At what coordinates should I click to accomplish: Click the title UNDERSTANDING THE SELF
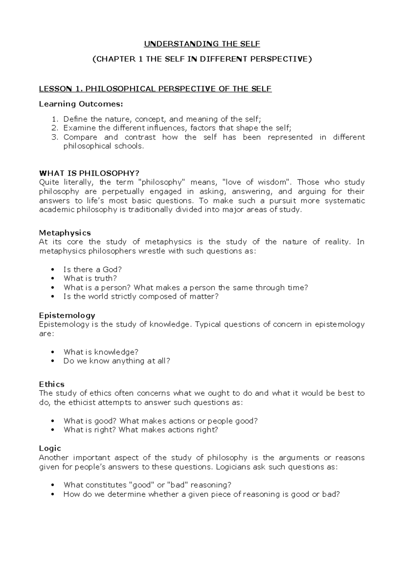202,44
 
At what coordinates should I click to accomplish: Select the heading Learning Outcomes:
81,104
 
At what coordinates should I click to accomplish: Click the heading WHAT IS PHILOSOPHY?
89,173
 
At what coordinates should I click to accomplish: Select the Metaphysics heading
65,233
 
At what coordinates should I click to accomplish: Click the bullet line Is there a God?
92,269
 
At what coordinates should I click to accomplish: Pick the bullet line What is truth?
90,278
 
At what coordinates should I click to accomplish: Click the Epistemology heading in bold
67,315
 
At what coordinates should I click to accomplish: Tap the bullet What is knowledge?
101,352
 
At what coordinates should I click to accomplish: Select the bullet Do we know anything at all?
116,361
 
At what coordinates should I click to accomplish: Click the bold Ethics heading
52,384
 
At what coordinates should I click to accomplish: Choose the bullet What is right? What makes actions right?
141,430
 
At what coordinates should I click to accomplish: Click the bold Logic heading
50,448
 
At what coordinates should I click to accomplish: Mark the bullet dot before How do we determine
52,495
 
